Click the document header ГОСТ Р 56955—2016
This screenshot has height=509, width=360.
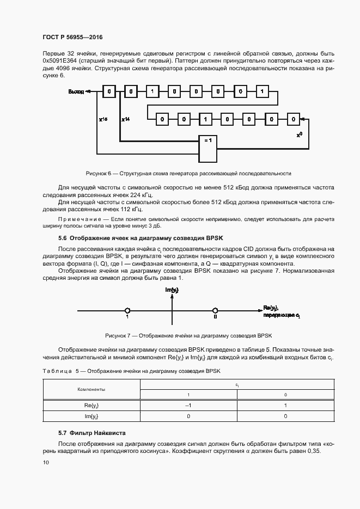tap(72, 37)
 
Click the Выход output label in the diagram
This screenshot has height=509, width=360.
tap(76, 91)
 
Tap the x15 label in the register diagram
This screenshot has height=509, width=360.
tap(103, 118)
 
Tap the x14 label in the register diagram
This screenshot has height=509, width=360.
tap(125, 118)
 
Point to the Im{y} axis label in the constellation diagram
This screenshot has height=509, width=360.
tap(172, 290)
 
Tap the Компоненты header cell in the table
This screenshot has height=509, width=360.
tap(91, 390)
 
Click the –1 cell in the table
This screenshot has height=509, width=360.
tap(188, 406)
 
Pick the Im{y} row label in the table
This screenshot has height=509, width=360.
tap(91, 416)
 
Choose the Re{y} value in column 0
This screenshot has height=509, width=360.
tap(285, 406)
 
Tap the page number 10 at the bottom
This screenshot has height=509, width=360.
tap(46, 462)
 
